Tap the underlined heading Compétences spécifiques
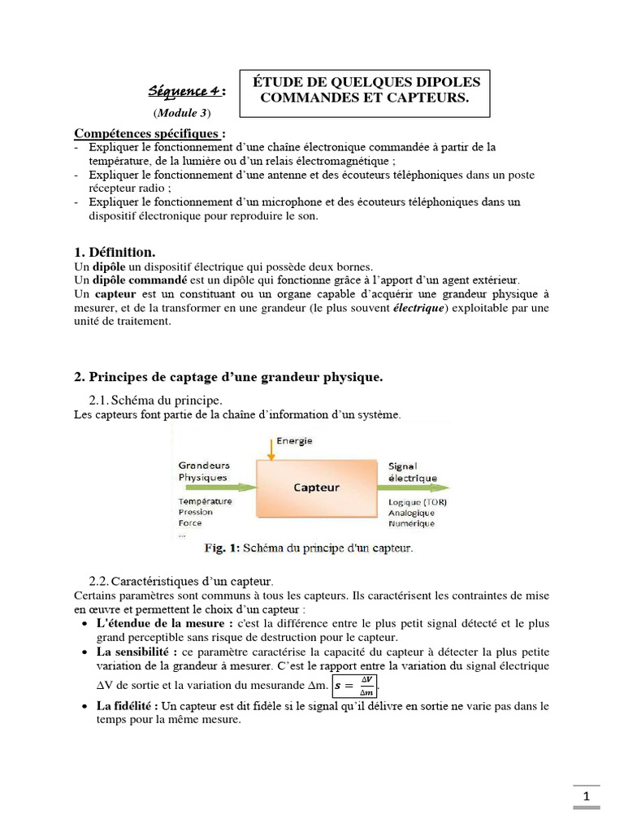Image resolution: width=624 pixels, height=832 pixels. (x=149, y=132)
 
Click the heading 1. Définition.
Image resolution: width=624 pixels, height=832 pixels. (x=115, y=253)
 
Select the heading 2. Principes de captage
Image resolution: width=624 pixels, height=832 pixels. (x=228, y=377)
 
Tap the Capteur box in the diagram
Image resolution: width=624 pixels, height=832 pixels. (x=316, y=487)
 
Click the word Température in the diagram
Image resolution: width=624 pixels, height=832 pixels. (x=205, y=501)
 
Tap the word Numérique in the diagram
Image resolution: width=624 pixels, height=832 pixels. (x=413, y=524)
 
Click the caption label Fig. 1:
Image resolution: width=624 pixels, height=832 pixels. (x=220, y=548)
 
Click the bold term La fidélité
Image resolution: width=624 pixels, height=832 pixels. (x=128, y=706)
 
